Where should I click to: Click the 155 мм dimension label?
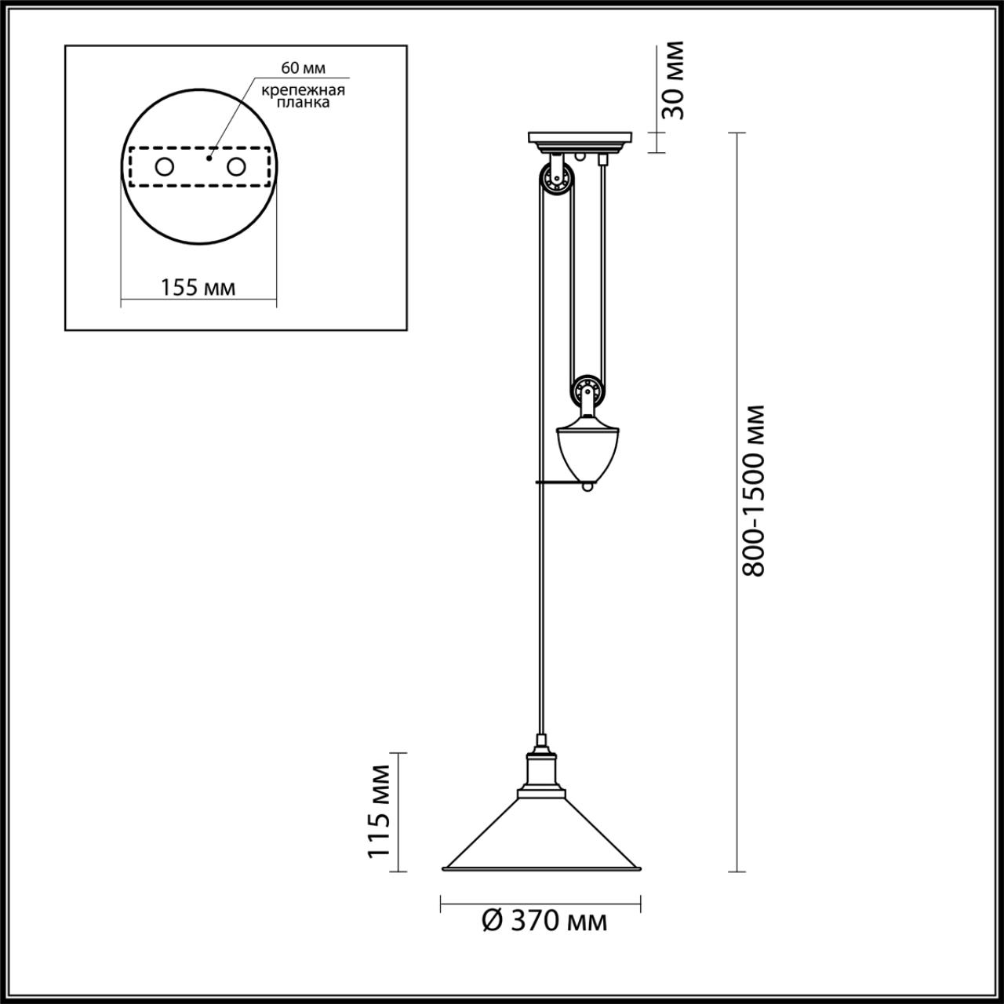pos(198,287)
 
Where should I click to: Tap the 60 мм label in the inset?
pos(303,67)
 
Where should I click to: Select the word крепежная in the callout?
pos(304,90)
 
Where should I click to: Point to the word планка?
pos(304,102)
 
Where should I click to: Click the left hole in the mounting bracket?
pos(164,167)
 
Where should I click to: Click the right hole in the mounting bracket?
pos(236,167)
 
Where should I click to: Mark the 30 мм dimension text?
pos(673,80)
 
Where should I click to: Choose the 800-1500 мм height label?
pos(753,489)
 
